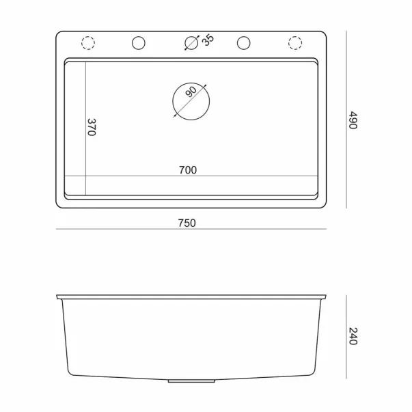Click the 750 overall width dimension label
[187, 223]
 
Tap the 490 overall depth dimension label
[353, 120]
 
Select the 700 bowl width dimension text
[188, 170]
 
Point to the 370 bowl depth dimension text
[92, 127]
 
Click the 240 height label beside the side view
[353, 336]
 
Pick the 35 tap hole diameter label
[208, 40]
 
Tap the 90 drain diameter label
[191, 92]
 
